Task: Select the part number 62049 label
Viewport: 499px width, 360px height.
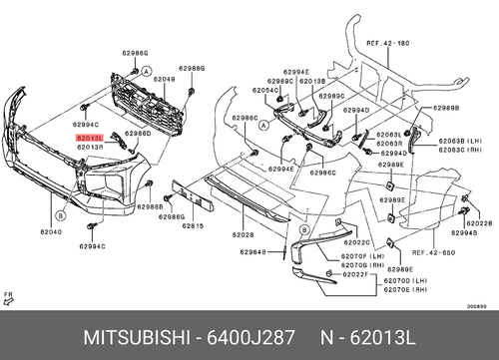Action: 164,79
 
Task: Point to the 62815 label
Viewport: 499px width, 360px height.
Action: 193,226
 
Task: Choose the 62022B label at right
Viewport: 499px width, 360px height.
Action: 478,225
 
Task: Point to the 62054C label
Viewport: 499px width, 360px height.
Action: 264,90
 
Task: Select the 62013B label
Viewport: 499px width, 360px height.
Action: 312,80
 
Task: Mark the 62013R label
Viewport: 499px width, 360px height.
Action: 89,148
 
